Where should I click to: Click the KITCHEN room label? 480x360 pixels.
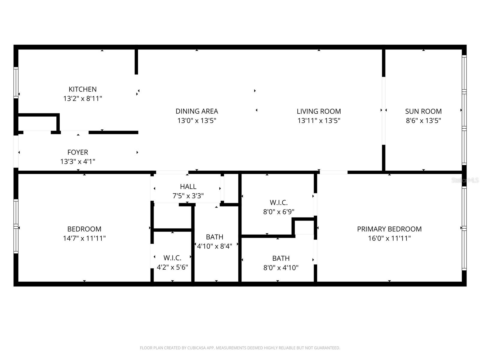[82, 89]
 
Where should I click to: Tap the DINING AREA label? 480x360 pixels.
[196, 111]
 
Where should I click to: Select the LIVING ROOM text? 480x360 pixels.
[319, 111]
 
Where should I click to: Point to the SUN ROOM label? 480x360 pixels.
[423, 111]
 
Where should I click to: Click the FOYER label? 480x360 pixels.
[78, 152]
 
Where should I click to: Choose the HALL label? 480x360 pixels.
[188, 186]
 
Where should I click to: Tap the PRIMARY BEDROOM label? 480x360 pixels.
[389, 229]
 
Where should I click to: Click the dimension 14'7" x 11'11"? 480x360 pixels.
[84, 238]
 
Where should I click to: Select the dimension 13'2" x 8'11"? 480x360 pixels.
[82, 98]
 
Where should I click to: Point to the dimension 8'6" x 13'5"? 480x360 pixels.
[423, 120]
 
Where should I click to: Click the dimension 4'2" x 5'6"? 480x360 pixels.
[172, 267]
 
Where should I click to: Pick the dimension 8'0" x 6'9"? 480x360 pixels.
[279, 211]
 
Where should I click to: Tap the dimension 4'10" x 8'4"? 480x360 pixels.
[214, 246]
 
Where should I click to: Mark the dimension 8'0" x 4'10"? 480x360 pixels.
[281, 268]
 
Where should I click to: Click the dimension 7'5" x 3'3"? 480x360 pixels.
[188, 196]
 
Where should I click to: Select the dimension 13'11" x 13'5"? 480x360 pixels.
[319, 120]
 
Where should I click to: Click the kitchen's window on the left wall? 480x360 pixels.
[16, 82]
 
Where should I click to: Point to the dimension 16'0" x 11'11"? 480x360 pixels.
[389, 238]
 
